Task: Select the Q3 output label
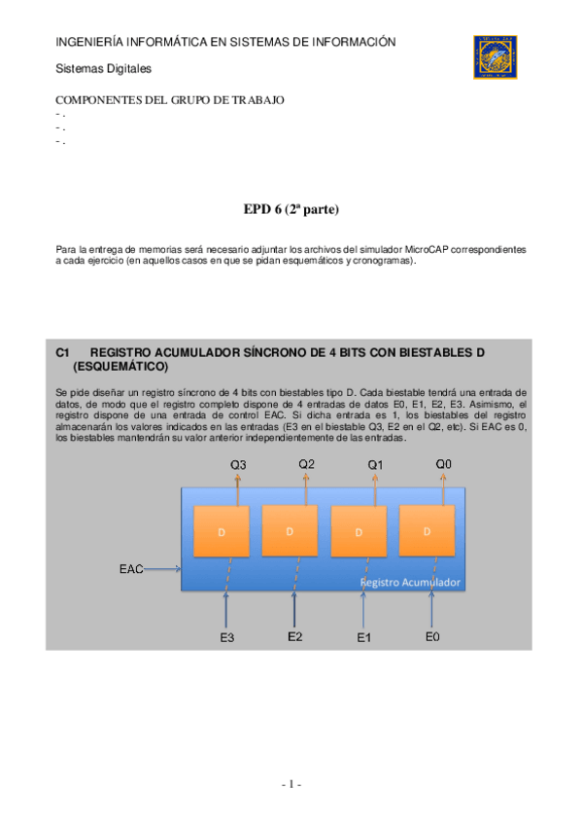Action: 238,465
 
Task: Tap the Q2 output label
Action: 306,464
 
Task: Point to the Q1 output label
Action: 375,465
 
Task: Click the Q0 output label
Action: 443,464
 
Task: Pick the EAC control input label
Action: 131,569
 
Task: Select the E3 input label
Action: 226,638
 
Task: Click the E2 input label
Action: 295,637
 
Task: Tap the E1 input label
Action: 364,638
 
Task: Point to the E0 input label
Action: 433,637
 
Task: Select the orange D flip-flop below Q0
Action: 428,532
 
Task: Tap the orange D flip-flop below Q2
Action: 290,531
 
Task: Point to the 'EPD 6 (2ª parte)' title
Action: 291,209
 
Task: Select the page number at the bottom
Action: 291,784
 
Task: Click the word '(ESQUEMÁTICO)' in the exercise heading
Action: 120,367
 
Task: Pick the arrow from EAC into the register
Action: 163,569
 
